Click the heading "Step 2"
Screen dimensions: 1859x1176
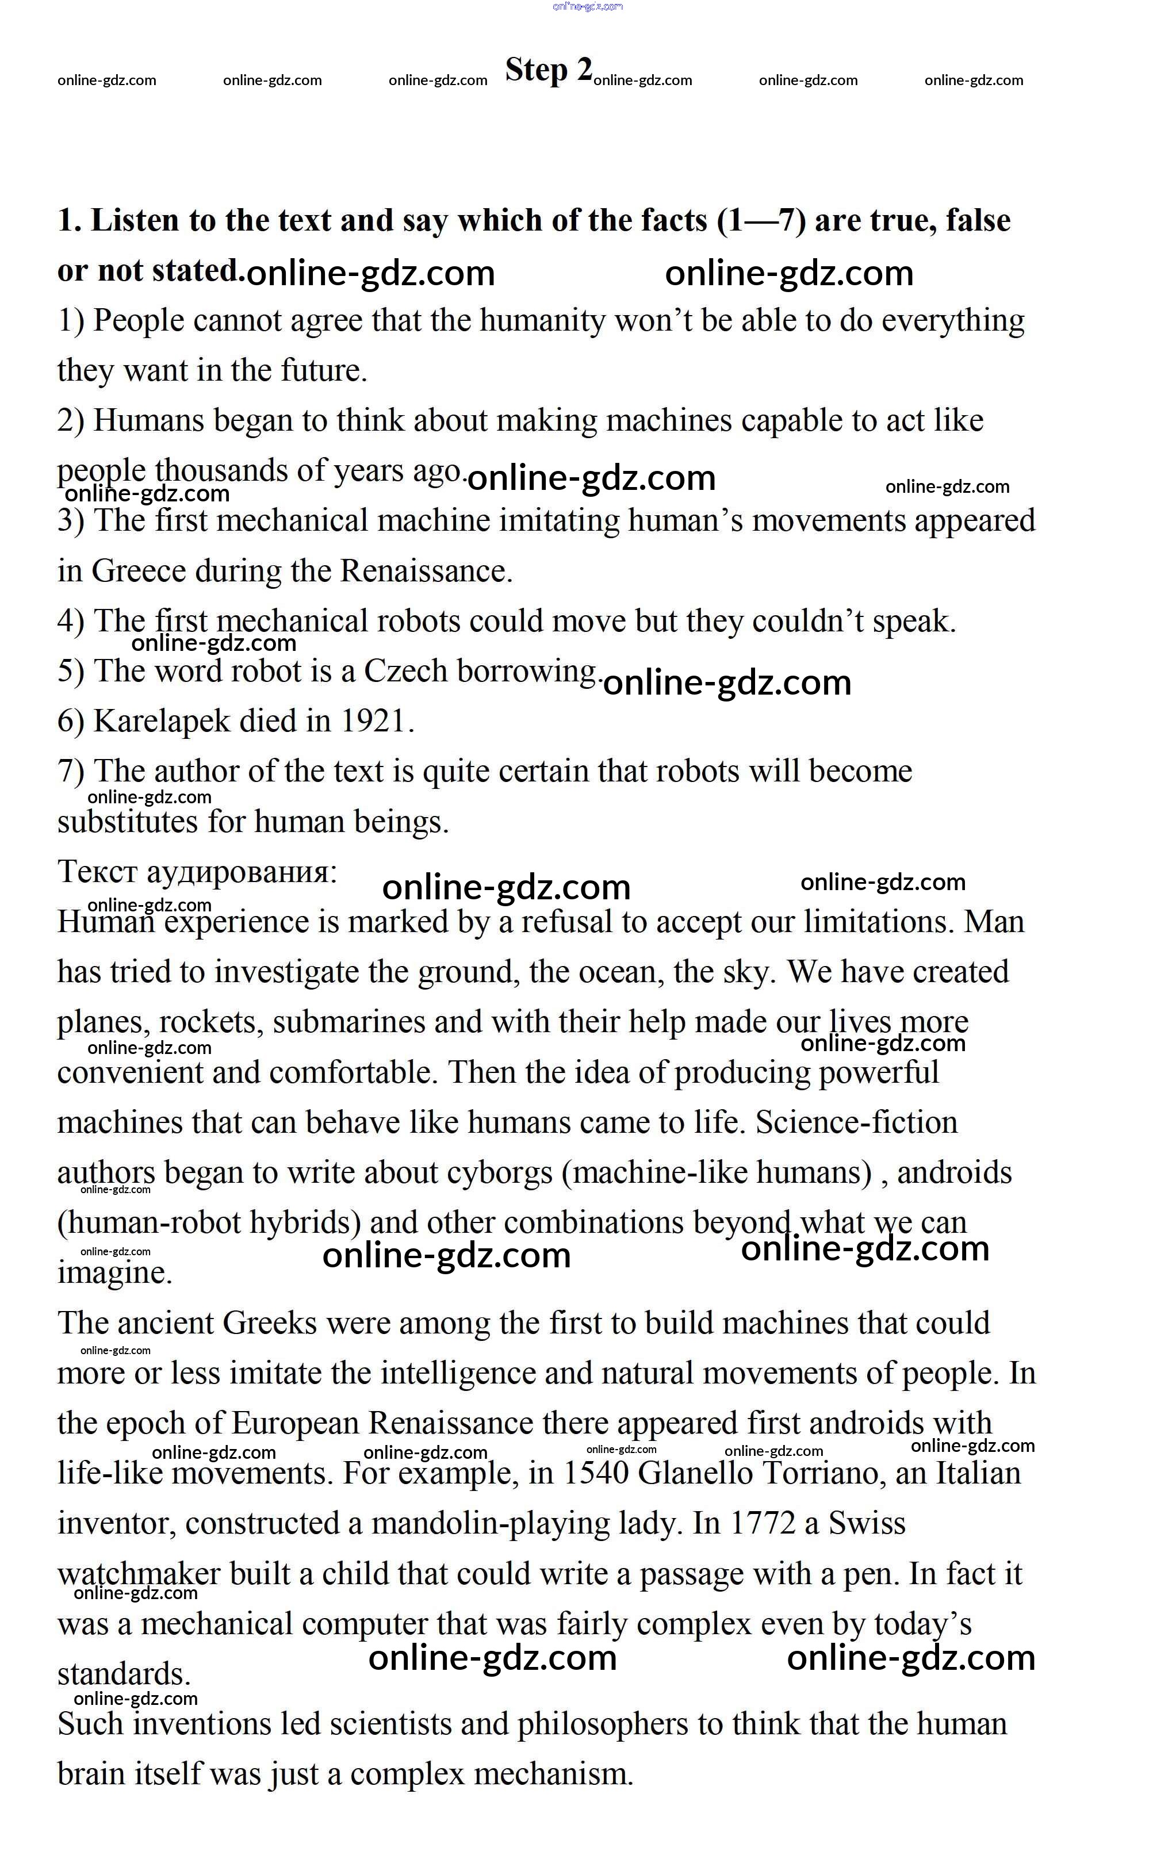[548, 70]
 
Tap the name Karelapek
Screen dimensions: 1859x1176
[162, 721]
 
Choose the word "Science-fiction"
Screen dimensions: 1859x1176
[856, 1122]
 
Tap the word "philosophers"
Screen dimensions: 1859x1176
[602, 1724]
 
